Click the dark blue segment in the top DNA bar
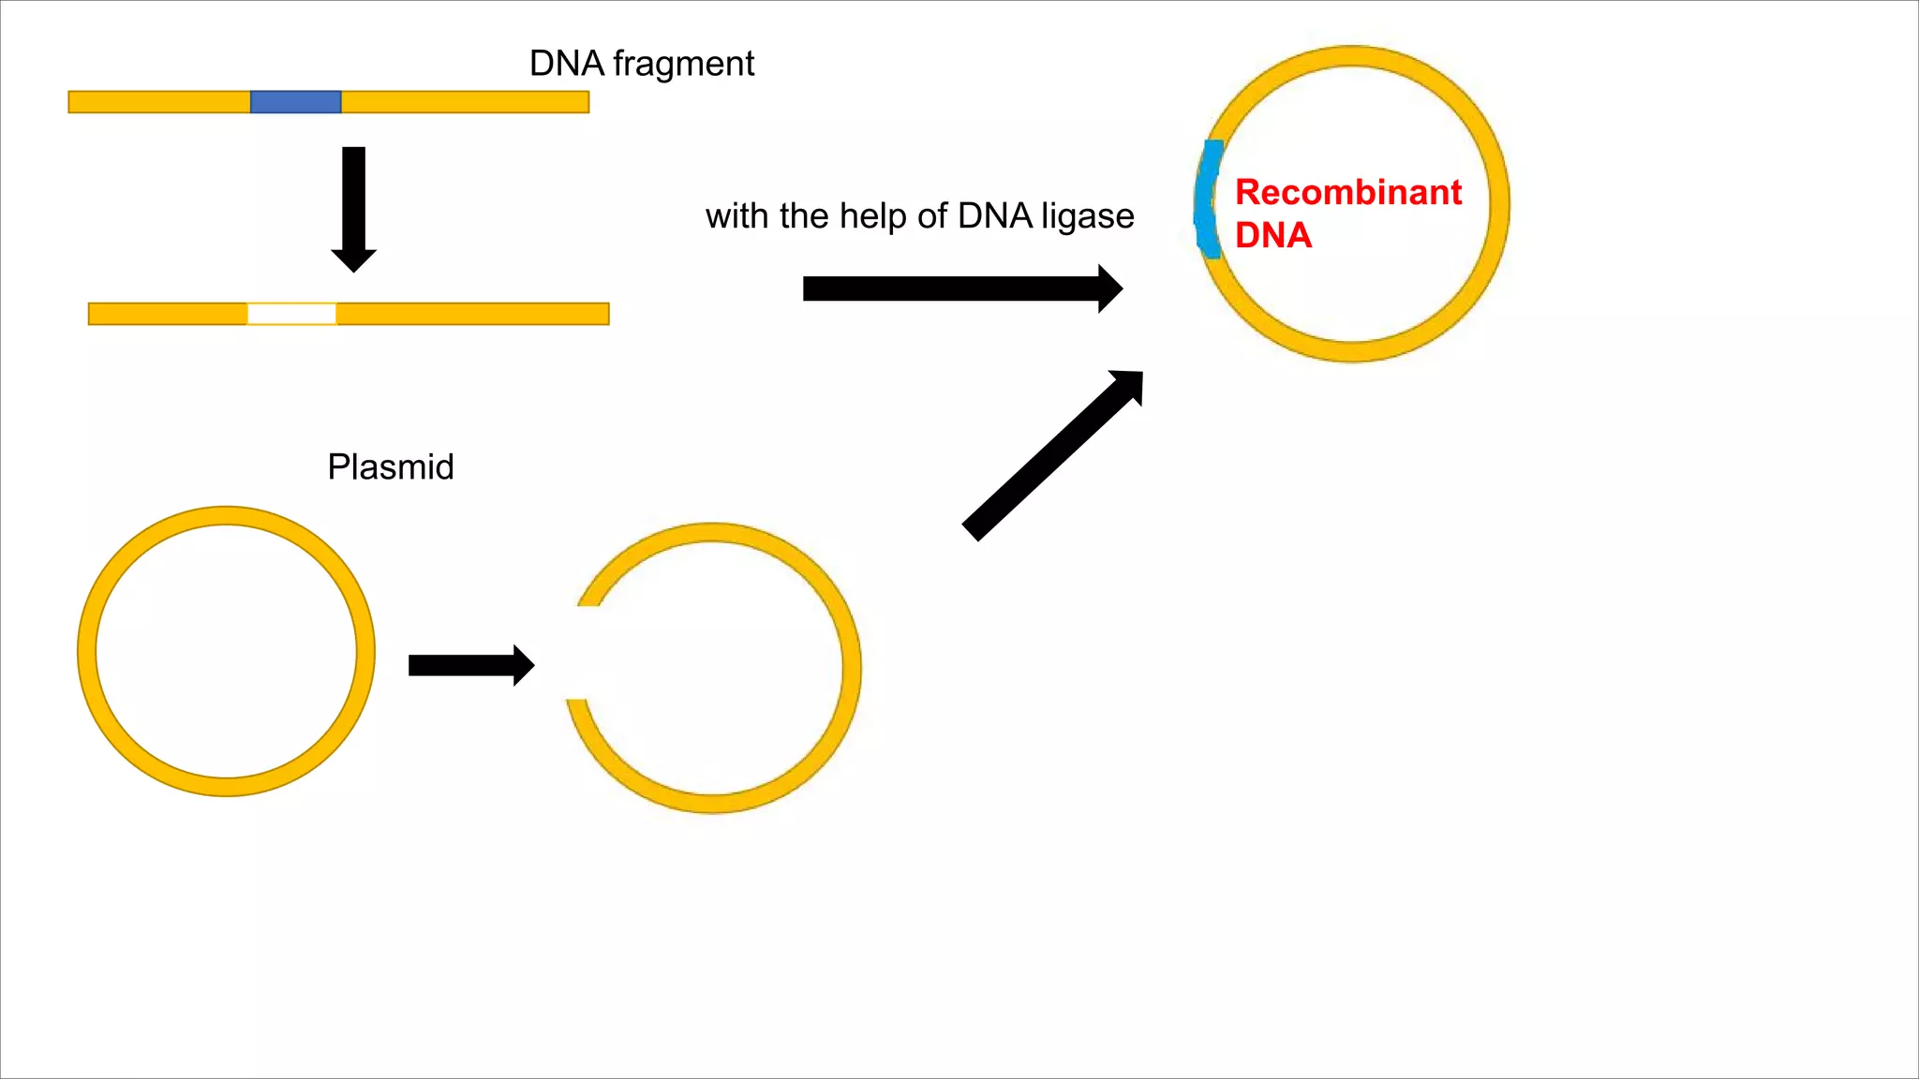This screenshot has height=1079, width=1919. click(295, 102)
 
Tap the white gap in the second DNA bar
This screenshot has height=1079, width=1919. click(291, 314)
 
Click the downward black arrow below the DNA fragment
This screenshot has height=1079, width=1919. click(353, 201)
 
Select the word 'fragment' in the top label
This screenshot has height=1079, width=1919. click(683, 64)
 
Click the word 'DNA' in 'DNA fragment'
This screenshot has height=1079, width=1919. click(566, 64)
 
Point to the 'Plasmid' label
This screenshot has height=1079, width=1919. click(390, 466)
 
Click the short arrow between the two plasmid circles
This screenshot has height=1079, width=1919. click(469, 665)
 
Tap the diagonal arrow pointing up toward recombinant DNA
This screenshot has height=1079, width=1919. click(1049, 459)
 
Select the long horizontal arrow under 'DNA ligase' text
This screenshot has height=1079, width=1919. click(956, 288)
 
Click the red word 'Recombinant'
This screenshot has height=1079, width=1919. click(1347, 192)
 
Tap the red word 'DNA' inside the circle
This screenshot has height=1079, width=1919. click(1272, 235)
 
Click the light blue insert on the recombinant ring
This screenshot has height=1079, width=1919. click(1208, 199)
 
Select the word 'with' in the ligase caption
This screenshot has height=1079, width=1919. click(737, 216)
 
